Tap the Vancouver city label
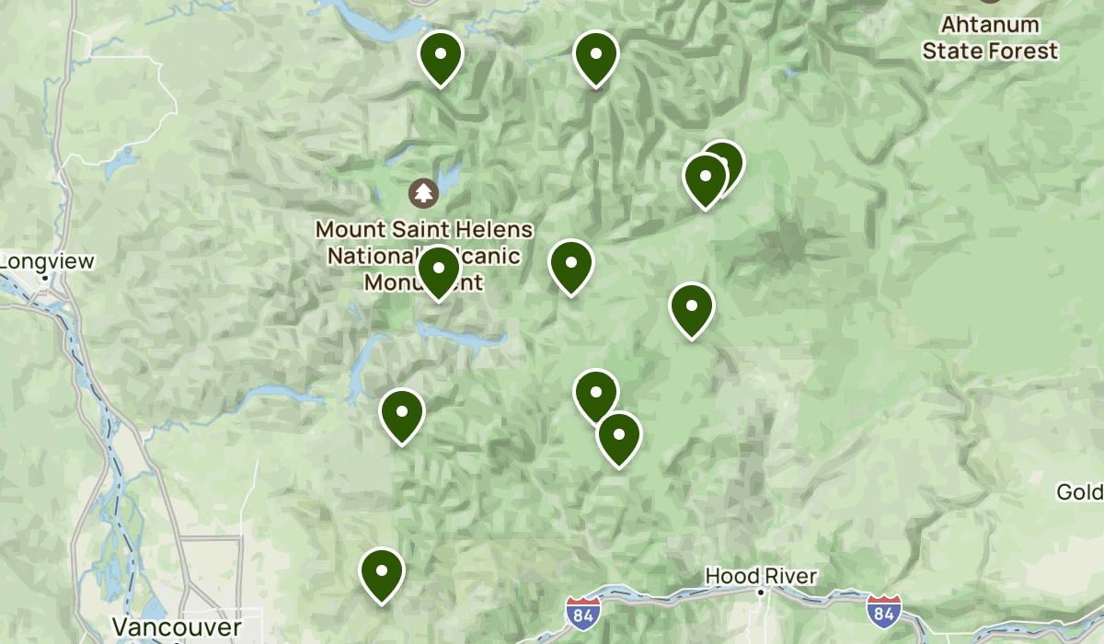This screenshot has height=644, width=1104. click(x=177, y=627)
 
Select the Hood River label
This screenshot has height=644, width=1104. click(x=761, y=576)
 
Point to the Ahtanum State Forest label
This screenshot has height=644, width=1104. click(x=991, y=39)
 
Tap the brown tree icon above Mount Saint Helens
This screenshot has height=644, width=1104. click(x=423, y=193)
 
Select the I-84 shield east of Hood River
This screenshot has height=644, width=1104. click(x=884, y=609)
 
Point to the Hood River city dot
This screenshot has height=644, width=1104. click(x=761, y=592)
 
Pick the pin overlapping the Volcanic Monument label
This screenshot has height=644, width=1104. click(x=439, y=270)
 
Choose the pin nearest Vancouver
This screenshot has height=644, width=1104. click(x=382, y=572)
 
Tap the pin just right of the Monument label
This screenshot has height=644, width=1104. click(x=571, y=264)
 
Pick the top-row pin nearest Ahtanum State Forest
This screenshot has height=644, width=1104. click(x=596, y=56)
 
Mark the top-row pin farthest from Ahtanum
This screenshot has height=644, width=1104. click(x=441, y=56)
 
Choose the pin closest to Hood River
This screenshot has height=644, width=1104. click(x=619, y=437)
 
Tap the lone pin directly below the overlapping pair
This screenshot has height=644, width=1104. click(x=692, y=308)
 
